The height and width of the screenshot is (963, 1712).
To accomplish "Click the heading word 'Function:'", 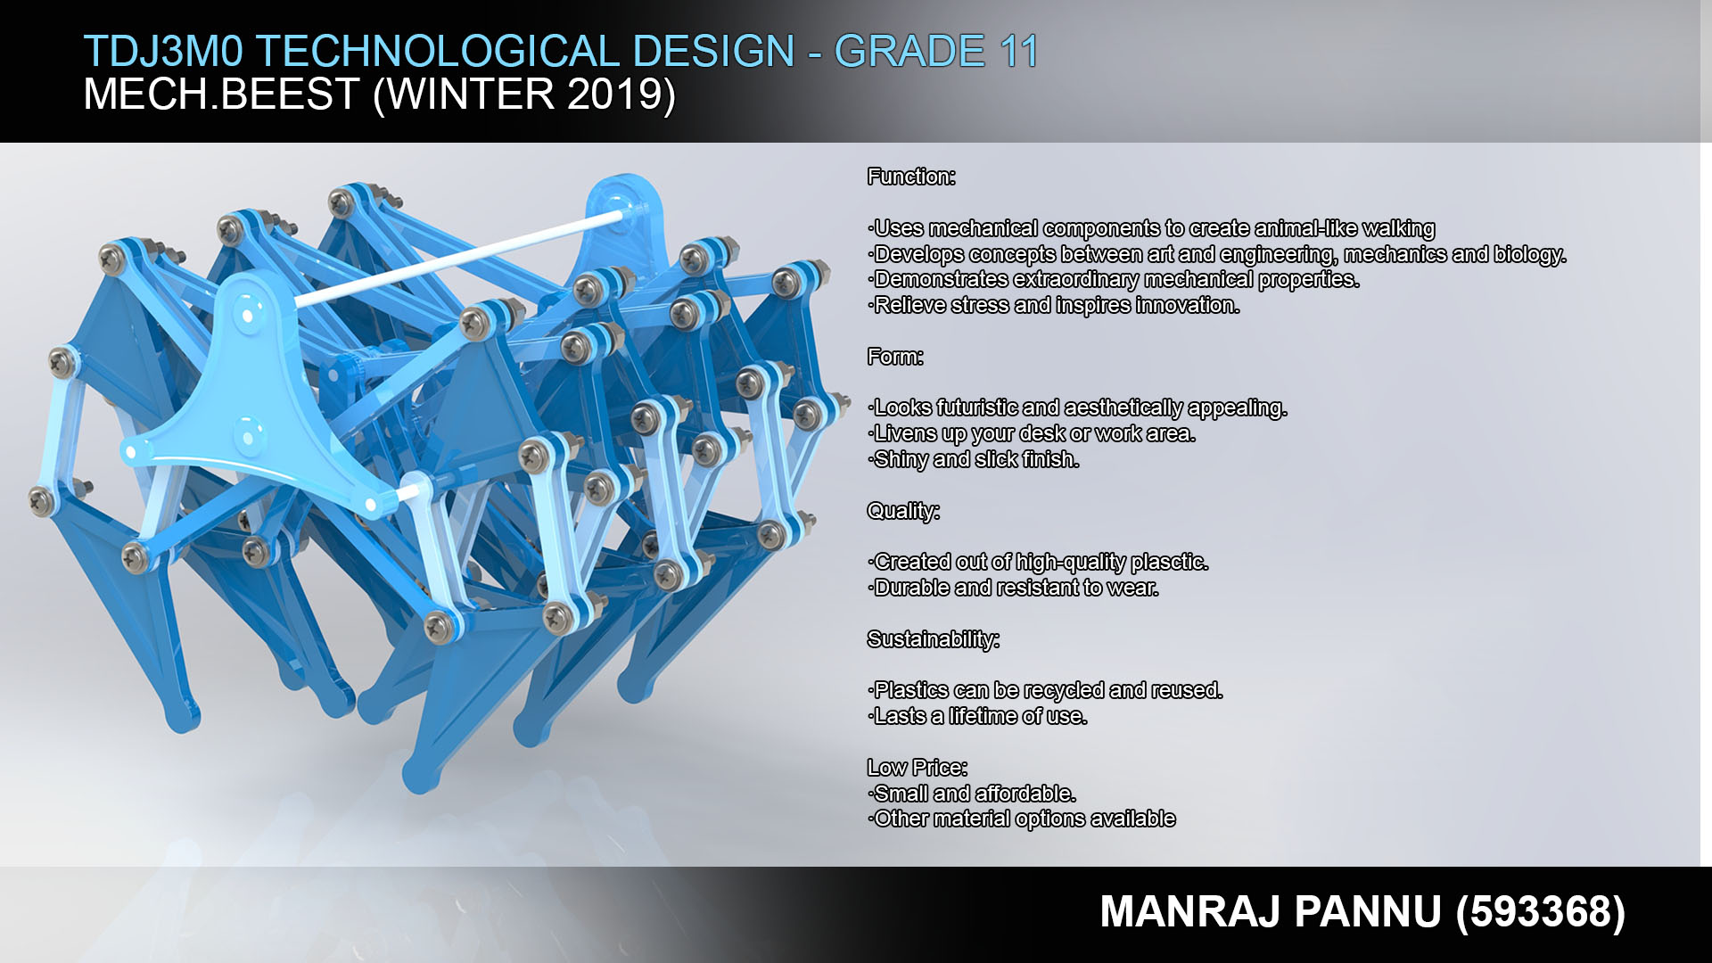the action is pos(911,177).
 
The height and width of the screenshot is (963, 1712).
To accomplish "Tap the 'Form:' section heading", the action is pos(895,357).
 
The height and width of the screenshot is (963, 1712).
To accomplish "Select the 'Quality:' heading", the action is pos(903,511).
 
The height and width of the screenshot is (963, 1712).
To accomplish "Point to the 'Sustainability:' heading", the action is pos(934,639).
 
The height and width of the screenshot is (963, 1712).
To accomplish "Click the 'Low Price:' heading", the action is pos(918,767).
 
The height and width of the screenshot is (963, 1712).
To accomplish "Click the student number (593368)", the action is pos(1541,911).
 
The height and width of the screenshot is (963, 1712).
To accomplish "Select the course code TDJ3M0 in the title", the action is pos(163,51).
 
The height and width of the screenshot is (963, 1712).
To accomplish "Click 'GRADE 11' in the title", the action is pos(936,51).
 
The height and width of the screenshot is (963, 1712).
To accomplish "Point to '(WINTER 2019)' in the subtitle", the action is pos(524,95).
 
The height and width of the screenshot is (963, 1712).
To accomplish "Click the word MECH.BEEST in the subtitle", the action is pos(221,95).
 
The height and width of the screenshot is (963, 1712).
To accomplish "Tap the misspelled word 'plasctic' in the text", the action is pos(1169,562).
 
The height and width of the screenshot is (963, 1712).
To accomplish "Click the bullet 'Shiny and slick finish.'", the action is pos(975,459).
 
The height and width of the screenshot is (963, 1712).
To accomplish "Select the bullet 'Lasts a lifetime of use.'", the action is pos(978,716).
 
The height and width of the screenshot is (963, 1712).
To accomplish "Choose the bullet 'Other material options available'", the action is pos(1023,819).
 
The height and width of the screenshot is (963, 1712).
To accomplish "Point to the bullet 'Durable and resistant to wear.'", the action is pos(1014,588).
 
